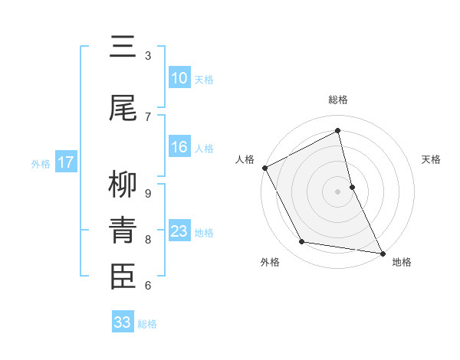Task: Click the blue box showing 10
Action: click(179, 78)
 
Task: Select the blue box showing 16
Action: click(179, 147)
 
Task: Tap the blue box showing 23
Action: click(179, 231)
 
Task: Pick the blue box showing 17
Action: click(66, 162)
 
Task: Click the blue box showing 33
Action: click(123, 322)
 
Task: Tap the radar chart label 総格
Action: click(338, 100)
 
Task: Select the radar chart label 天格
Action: click(432, 159)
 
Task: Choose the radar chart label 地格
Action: click(402, 263)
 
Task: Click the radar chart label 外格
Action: click(270, 263)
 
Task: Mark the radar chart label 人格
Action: click(245, 159)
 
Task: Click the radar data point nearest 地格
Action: click(382, 253)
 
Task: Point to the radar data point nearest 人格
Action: click(264, 168)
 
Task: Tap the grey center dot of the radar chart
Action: click(338, 191)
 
